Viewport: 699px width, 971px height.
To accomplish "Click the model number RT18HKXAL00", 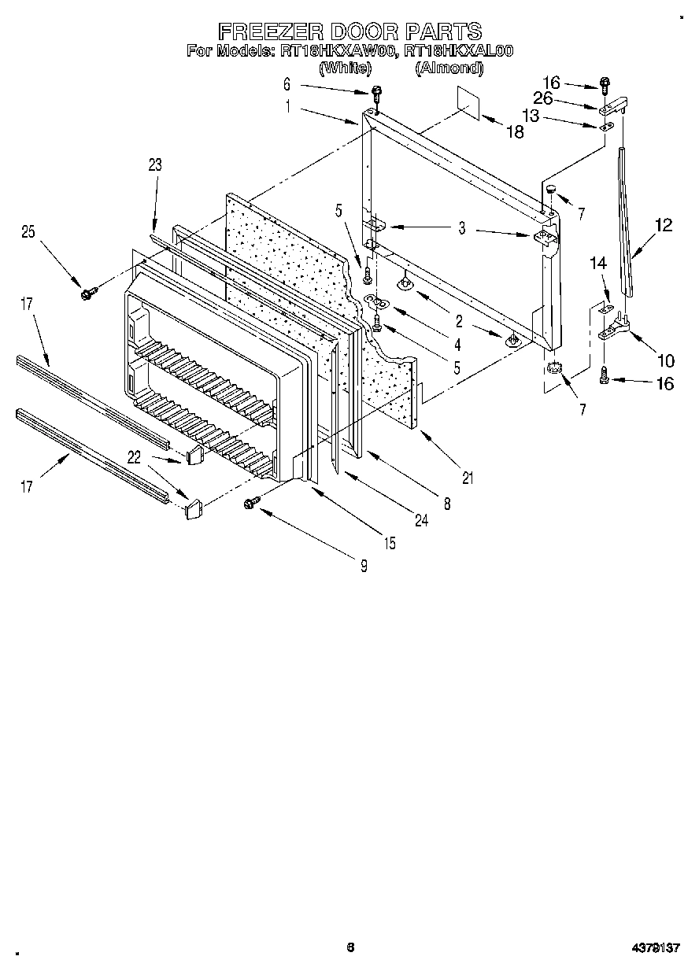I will (x=459, y=52).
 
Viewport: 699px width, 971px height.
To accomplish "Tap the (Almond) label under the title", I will (x=449, y=68).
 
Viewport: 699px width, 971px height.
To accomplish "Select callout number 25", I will (x=28, y=231).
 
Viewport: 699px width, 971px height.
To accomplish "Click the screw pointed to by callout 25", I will (x=87, y=294).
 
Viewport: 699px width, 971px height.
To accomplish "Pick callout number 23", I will (x=154, y=164).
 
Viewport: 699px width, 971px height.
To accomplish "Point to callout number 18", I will (x=514, y=132).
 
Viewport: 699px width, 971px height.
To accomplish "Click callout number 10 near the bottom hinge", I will (x=665, y=361).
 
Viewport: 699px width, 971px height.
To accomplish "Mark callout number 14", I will (x=599, y=265).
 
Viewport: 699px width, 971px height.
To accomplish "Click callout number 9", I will (x=364, y=565).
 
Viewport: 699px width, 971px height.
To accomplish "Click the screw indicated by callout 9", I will (x=253, y=502).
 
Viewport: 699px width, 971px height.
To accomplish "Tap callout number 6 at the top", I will (x=287, y=83).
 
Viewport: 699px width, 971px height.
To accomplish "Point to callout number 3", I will (x=462, y=229).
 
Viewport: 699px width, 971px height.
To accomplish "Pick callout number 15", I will (x=390, y=543).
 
